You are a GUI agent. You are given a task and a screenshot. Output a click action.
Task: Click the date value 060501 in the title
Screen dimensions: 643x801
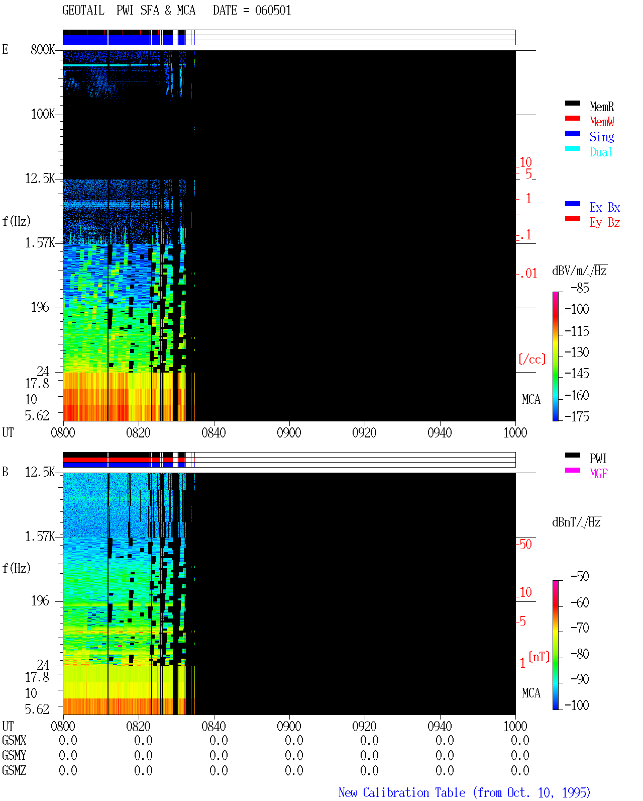pyautogui.click(x=273, y=11)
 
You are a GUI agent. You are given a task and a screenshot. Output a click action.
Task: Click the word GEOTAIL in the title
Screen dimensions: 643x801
pyautogui.click(x=83, y=11)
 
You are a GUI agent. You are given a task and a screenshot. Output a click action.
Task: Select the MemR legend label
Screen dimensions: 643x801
pyautogui.click(x=601, y=107)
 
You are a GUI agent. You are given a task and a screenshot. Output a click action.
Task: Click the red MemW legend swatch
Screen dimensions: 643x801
pyautogui.click(x=572, y=118)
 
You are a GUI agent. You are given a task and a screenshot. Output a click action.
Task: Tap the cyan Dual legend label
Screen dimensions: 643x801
pyautogui.click(x=601, y=152)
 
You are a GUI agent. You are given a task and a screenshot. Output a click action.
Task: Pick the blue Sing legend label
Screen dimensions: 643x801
pyautogui.click(x=601, y=137)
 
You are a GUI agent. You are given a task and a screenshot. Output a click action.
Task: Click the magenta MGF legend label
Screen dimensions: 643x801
pyautogui.click(x=598, y=474)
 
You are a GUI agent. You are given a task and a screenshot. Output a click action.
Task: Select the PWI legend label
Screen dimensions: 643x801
pyautogui.click(x=598, y=459)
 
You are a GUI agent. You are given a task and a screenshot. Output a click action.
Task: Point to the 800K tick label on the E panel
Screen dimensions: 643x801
pyautogui.click(x=43, y=49)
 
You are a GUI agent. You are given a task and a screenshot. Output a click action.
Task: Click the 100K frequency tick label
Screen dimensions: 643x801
pyautogui.click(x=43, y=114)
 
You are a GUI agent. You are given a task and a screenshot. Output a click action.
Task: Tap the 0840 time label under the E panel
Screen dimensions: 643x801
pyautogui.click(x=213, y=433)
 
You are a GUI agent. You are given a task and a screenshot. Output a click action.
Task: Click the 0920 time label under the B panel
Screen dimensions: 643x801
pyautogui.click(x=364, y=726)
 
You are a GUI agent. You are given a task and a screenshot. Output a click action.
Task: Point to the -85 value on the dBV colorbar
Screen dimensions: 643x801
pyautogui.click(x=580, y=288)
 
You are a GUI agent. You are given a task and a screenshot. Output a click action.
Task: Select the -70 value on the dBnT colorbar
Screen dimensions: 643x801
pyautogui.click(x=580, y=628)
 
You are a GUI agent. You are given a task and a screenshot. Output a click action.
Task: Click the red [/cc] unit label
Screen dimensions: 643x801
pyautogui.click(x=532, y=359)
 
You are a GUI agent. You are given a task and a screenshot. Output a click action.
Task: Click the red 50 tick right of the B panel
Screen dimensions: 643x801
pyautogui.click(x=525, y=545)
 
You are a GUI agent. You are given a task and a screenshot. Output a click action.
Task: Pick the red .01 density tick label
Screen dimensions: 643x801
pyautogui.click(x=528, y=274)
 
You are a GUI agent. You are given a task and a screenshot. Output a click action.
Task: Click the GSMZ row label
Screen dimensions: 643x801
pyautogui.click(x=14, y=770)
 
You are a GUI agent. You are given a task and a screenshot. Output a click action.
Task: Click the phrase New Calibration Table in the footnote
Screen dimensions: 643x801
pyautogui.click(x=402, y=792)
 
